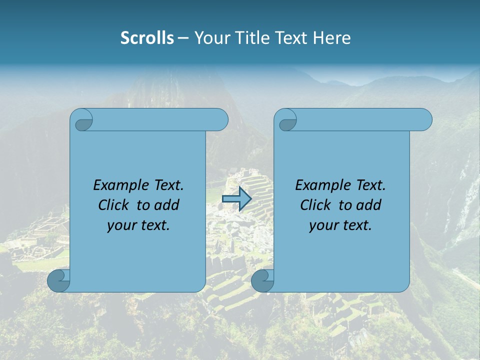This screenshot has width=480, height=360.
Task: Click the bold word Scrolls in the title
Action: [x=147, y=38]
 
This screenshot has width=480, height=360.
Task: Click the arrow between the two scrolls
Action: [x=236, y=198]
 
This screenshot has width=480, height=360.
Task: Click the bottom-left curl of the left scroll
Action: [x=58, y=280]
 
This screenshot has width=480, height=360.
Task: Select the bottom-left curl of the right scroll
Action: [x=262, y=280]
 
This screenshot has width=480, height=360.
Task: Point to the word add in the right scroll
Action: [x=369, y=205]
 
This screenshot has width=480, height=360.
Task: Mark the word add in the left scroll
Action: [x=167, y=205]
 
